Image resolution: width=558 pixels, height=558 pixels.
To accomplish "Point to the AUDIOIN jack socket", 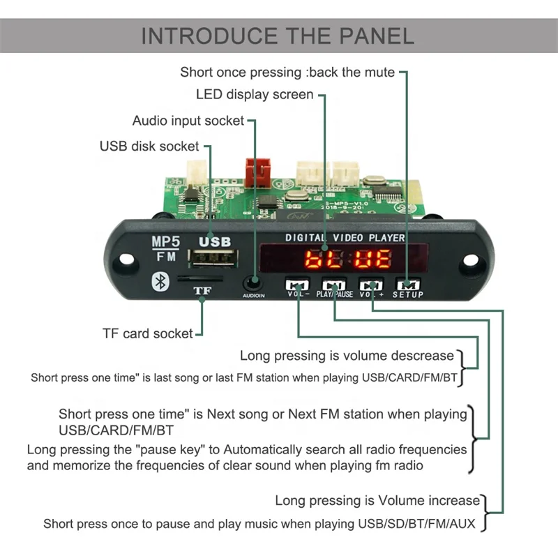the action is coord(253,283).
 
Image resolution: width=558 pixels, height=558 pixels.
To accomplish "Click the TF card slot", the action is coord(200,278).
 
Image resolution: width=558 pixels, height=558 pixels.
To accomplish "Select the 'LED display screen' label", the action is coord(255,94).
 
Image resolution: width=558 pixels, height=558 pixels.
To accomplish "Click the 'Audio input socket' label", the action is coord(188,121).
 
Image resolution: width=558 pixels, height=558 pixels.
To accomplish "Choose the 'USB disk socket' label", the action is coord(149,146).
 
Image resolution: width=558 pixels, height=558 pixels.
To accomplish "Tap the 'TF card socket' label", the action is coord(147,333).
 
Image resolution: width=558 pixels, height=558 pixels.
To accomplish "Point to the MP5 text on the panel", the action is coord(165,243).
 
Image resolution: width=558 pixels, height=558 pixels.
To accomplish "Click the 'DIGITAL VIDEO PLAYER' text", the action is coord(345,238).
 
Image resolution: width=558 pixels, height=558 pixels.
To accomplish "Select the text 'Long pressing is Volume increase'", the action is coord(377,500).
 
